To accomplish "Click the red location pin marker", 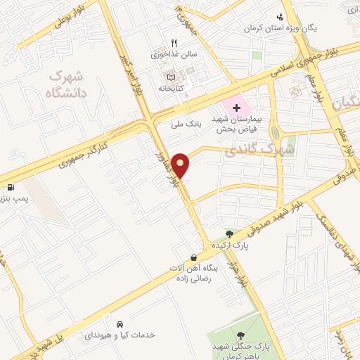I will (181, 165).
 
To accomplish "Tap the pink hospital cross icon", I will (236, 108).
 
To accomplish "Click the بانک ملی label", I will (186, 124).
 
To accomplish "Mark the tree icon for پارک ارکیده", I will (229, 234).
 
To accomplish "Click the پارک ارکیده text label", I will (231, 246).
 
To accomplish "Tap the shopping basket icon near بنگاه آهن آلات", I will (193, 257).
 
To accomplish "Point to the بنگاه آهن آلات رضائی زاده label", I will (195, 274).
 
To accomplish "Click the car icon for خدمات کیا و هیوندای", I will (120, 324).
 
